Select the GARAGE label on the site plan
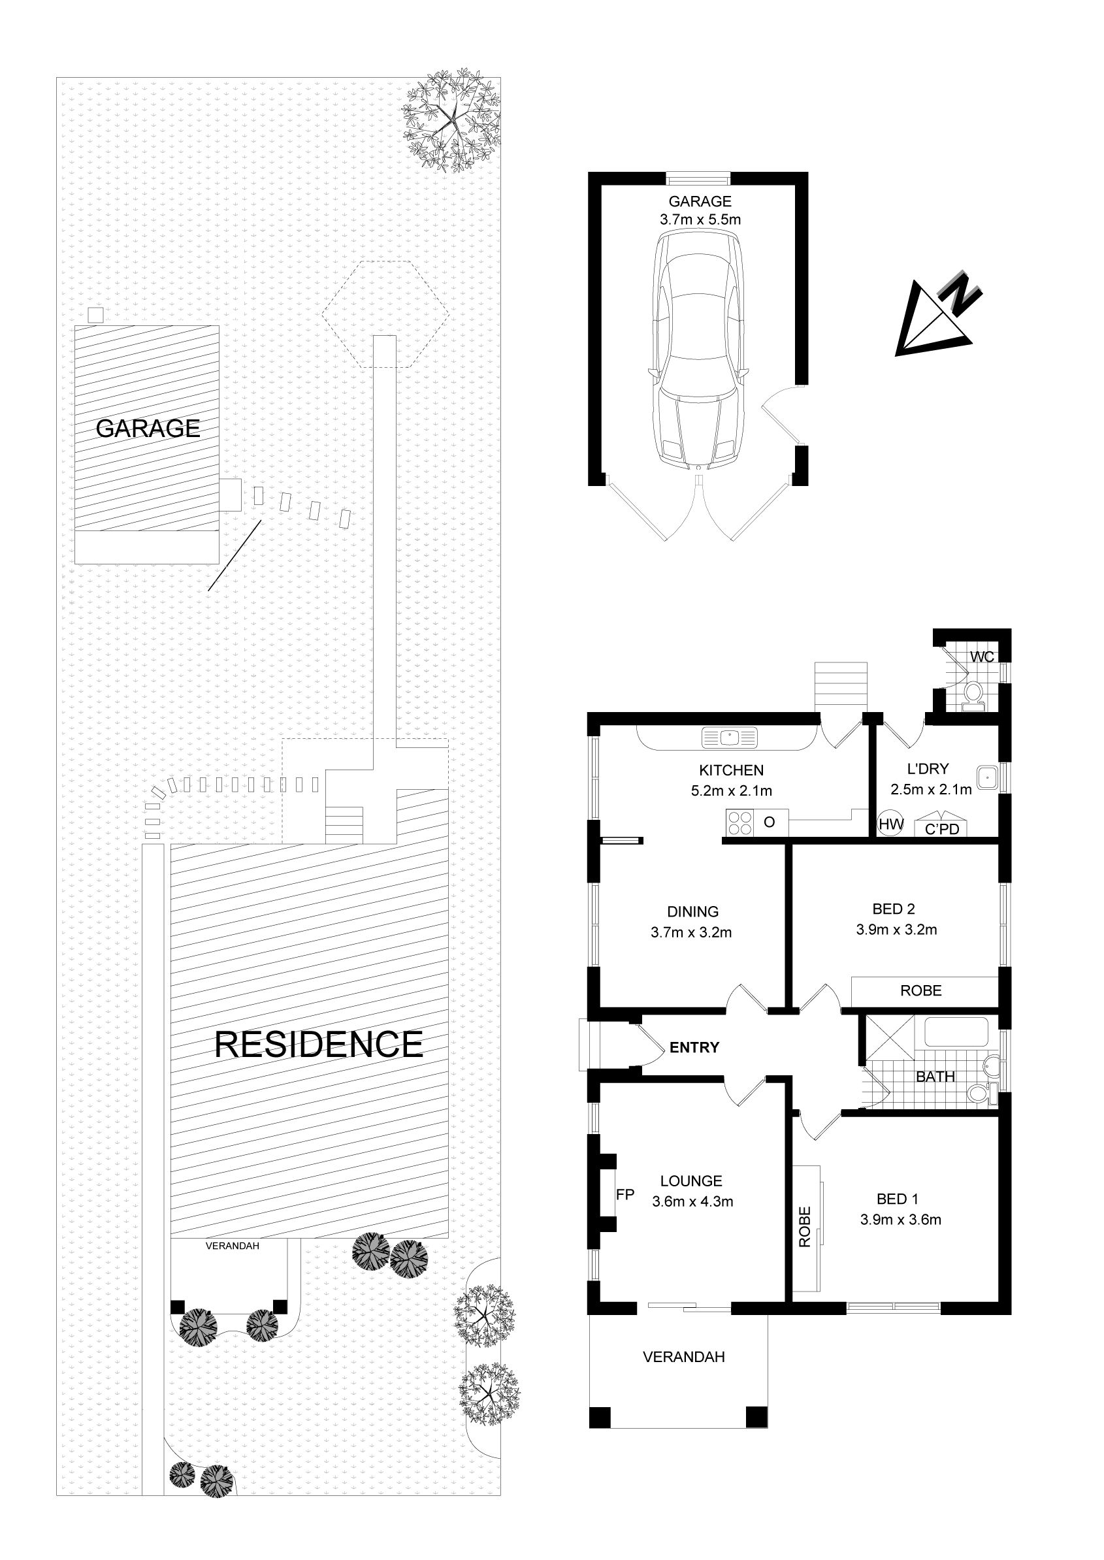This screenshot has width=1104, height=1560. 148,429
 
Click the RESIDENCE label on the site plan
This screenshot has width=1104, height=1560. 318,1044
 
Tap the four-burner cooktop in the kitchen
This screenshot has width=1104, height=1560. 739,823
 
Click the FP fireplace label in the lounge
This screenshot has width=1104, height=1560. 625,1194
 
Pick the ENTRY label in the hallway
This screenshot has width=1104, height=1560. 694,1047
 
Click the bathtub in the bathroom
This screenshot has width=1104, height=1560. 956,1032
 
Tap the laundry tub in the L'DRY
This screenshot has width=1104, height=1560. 986,777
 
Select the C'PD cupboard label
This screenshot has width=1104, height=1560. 941,829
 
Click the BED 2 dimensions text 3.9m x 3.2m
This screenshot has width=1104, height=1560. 896,930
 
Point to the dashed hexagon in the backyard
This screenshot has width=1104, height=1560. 385,315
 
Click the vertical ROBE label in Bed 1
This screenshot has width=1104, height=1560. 805,1227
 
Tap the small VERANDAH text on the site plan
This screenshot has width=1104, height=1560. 233,1246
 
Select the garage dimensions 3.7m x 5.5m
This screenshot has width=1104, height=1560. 700,219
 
